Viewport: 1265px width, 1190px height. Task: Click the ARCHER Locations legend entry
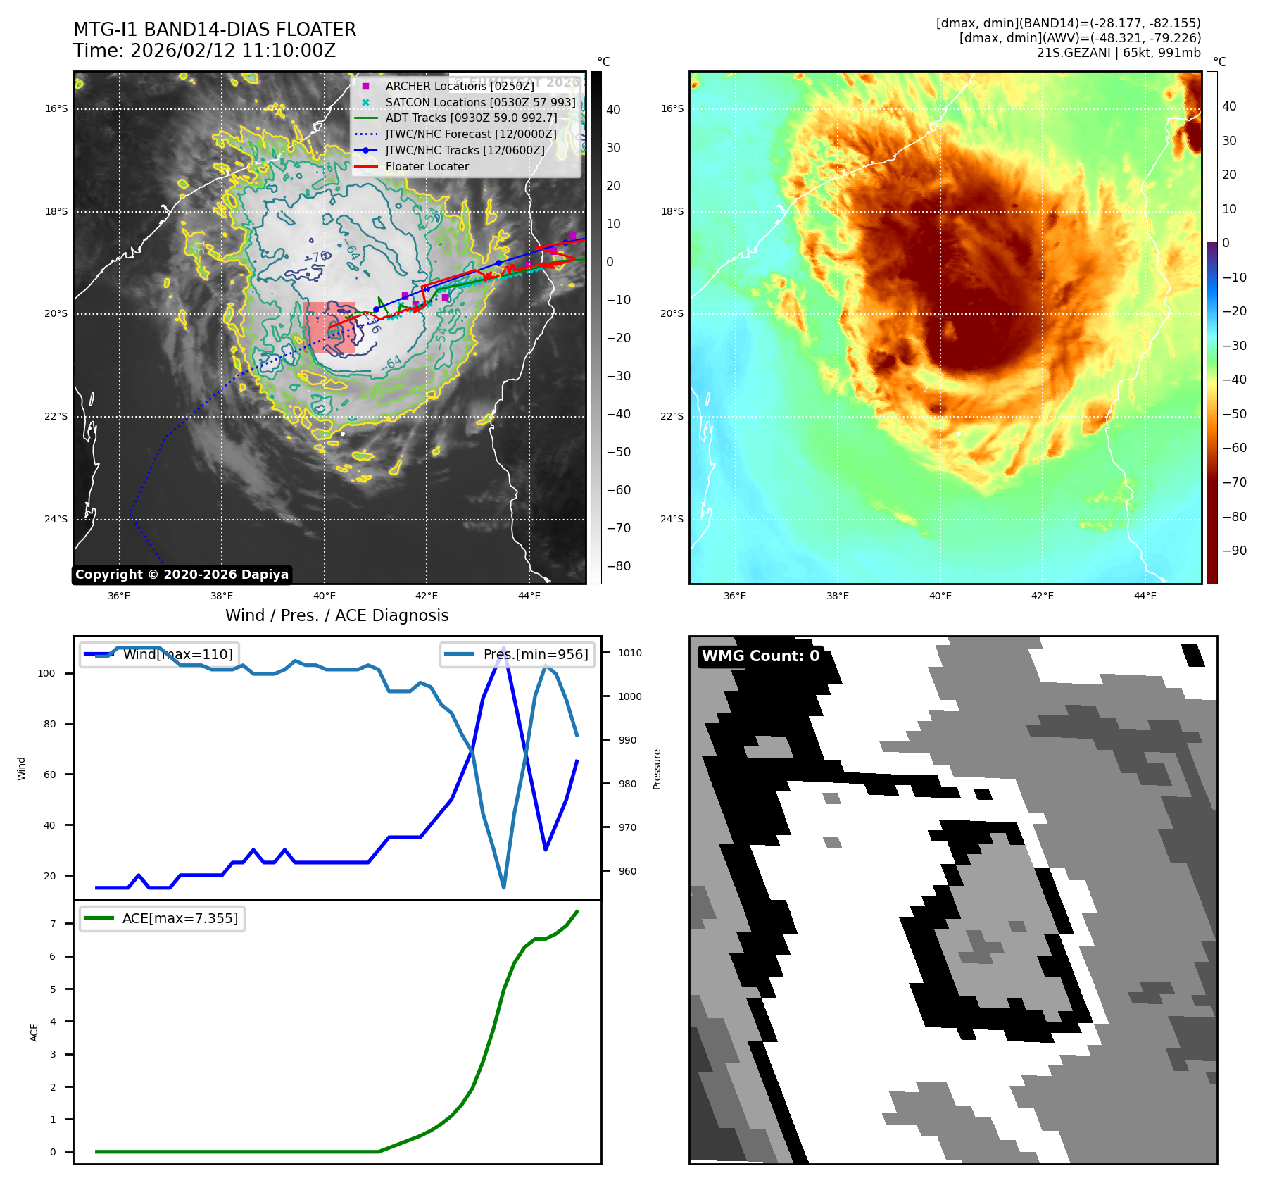click(459, 86)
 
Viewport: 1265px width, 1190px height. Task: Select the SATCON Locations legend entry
click(480, 102)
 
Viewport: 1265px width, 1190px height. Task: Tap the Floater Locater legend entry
click(427, 167)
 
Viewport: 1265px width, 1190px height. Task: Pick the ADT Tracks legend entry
click(471, 118)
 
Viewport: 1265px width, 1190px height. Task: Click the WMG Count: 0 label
click(760, 656)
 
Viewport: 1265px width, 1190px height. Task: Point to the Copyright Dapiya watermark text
click(182, 575)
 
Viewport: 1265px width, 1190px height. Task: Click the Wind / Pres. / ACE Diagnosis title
click(336, 615)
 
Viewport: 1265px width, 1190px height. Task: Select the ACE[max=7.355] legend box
click(163, 918)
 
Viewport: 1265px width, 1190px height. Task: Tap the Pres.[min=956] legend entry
click(517, 654)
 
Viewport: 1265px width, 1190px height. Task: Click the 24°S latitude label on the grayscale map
click(56, 520)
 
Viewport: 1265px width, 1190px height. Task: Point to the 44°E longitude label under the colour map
click(1145, 596)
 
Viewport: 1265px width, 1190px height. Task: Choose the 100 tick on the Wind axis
click(46, 673)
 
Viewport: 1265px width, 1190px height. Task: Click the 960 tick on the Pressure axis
click(627, 871)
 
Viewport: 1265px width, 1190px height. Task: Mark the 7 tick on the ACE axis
click(53, 924)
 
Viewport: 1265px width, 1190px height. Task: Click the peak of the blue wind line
click(503, 648)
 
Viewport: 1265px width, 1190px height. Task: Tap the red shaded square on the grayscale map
click(329, 327)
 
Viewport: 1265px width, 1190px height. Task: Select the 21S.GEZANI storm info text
click(1119, 53)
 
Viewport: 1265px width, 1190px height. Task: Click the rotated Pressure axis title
click(657, 769)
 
